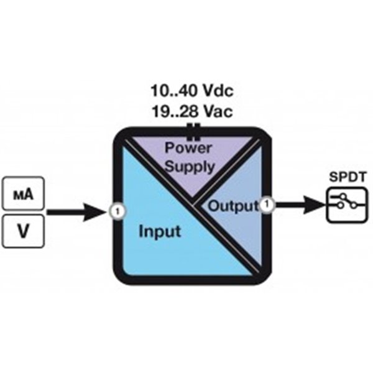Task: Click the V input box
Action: point(23,231)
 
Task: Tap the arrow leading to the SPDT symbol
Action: point(298,204)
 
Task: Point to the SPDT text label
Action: point(344,177)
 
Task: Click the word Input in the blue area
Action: point(159,231)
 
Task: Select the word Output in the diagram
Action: point(232,206)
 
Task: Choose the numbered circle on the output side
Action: point(267,204)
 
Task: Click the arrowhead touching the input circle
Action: point(100,211)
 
